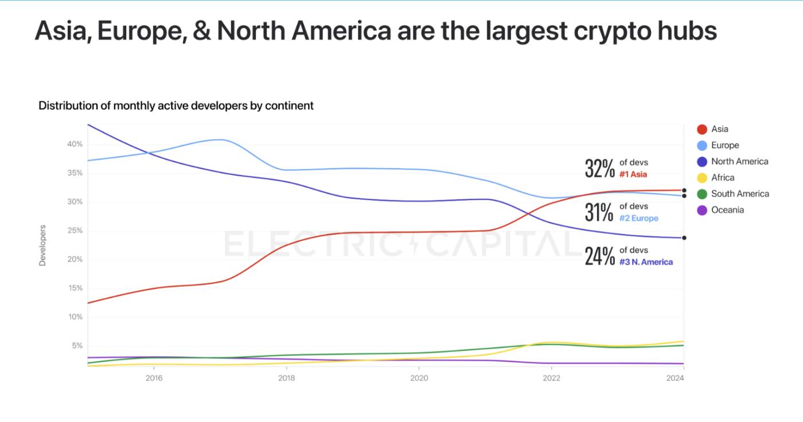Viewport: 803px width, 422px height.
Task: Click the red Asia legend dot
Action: point(701,130)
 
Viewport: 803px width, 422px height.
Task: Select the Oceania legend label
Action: point(727,210)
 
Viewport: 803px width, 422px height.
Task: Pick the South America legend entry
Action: point(740,194)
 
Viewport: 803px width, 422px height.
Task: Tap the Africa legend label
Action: point(723,178)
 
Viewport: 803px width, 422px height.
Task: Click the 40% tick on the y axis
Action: point(75,144)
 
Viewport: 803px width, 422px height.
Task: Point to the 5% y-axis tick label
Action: point(77,346)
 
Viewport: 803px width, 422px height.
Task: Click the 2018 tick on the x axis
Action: point(286,378)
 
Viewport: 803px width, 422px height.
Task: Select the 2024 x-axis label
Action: point(675,378)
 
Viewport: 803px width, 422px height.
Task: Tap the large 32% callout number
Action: point(599,168)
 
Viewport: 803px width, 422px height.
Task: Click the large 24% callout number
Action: point(599,256)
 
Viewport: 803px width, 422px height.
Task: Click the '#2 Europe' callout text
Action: point(638,218)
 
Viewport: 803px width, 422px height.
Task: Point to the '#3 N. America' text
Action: point(646,262)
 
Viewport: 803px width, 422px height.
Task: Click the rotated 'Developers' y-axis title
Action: point(42,245)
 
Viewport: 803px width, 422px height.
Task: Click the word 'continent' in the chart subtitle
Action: point(293,106)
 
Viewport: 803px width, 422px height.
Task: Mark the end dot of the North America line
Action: point(684,238)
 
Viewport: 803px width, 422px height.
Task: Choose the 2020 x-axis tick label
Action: point(419,378)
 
